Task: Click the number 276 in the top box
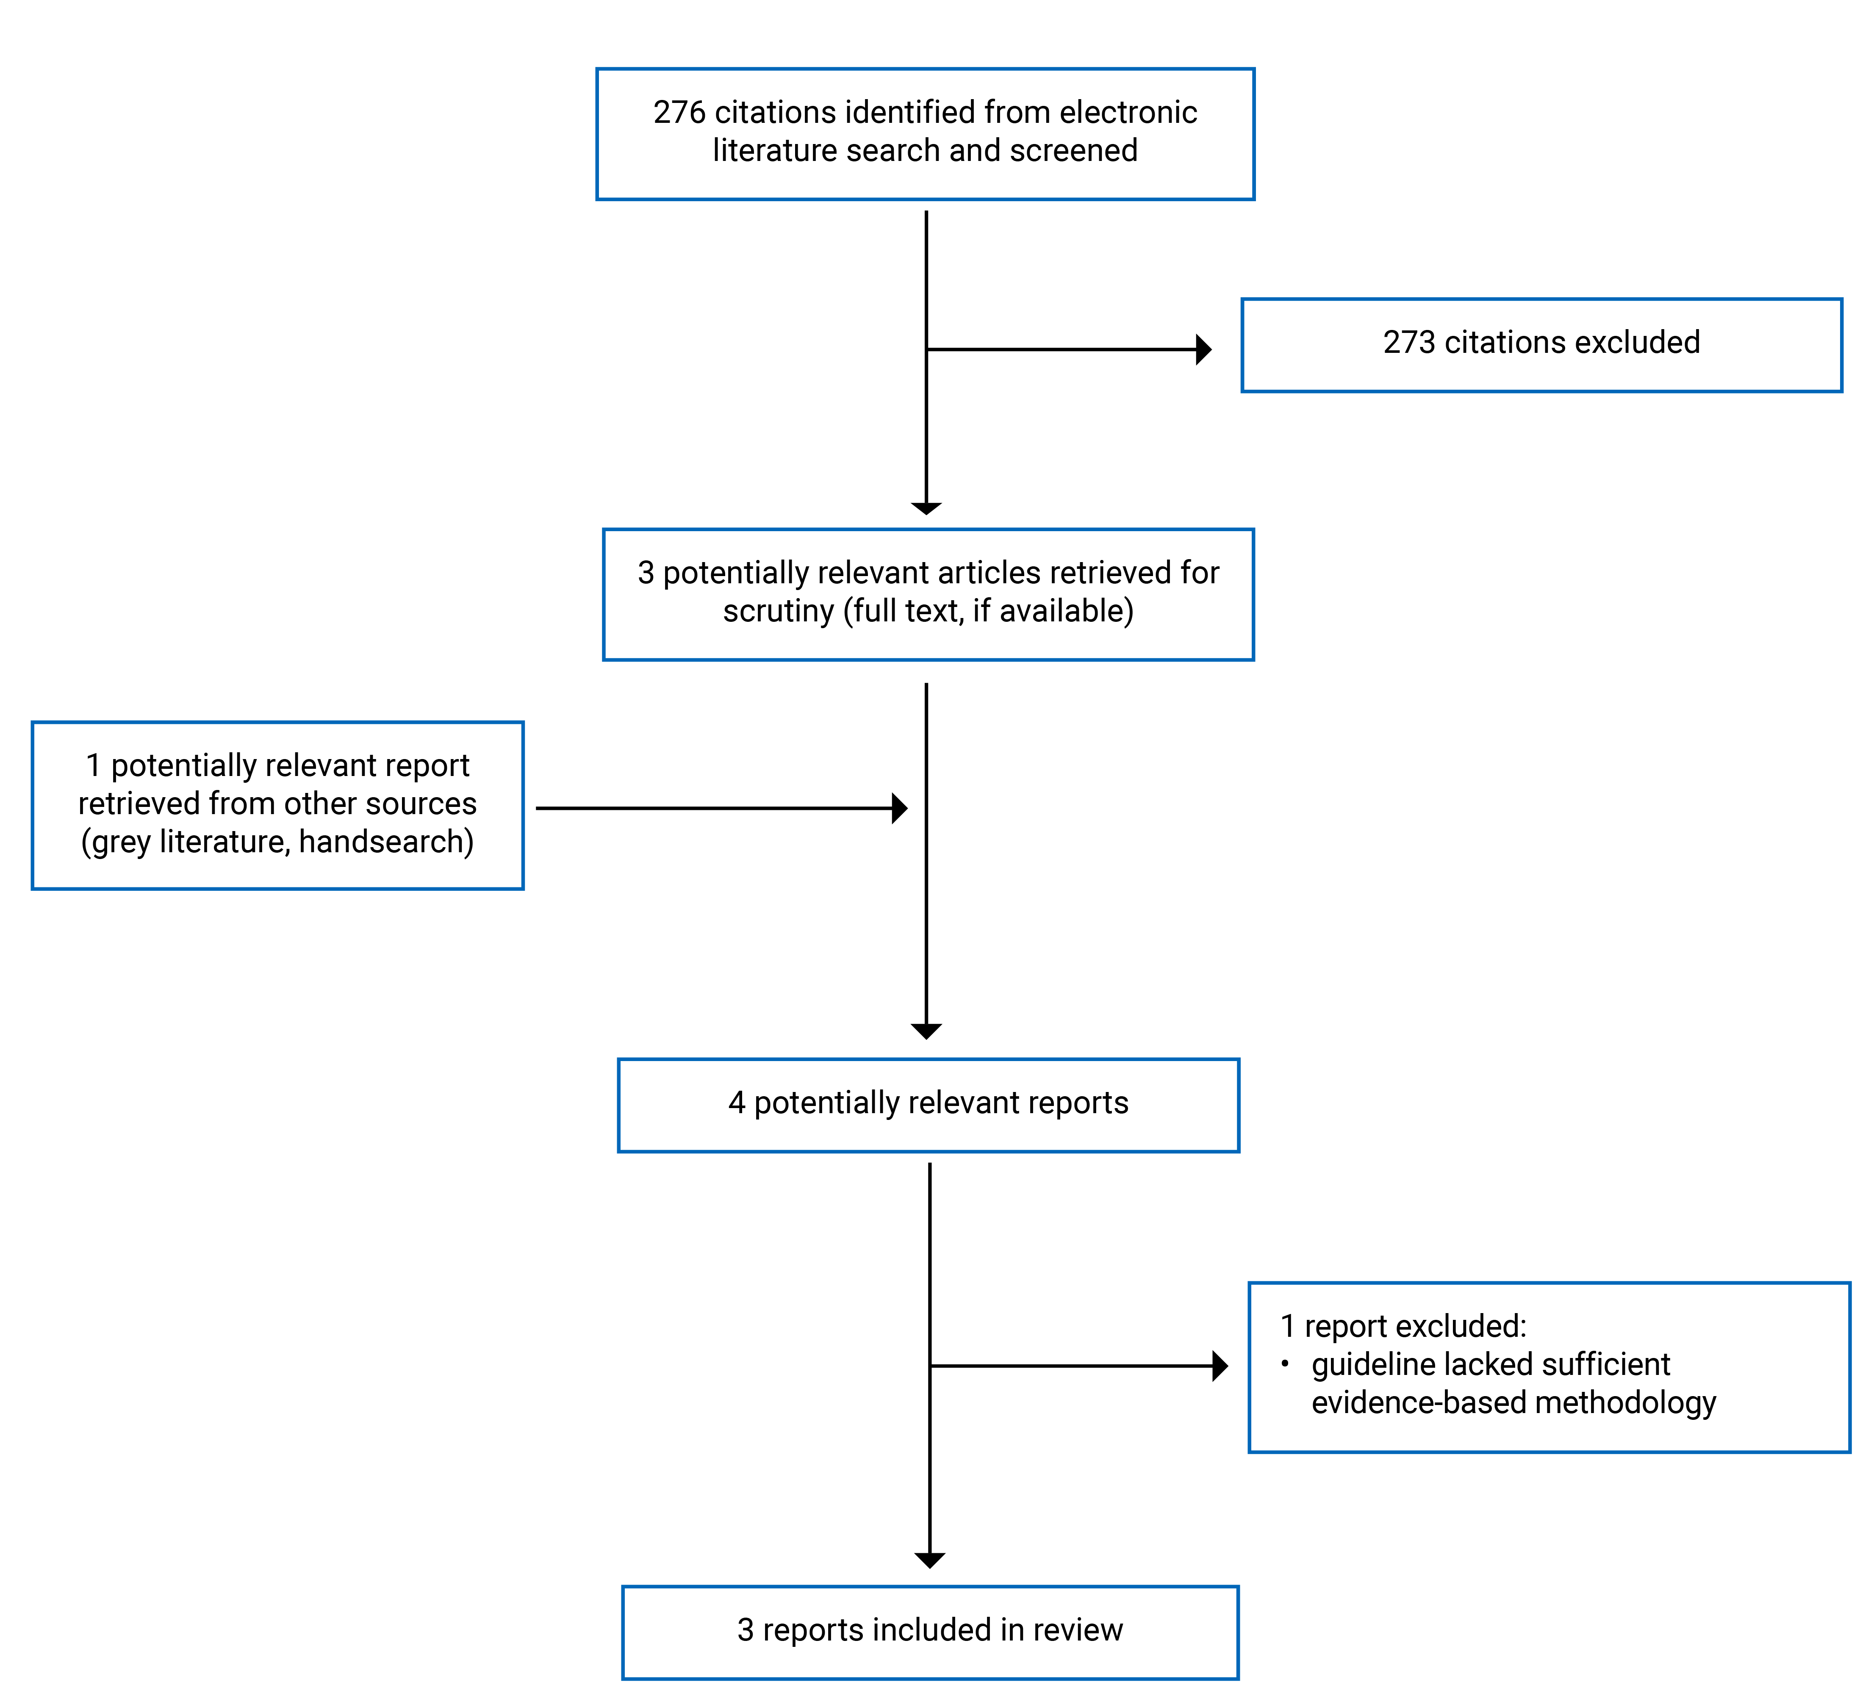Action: pos(679,112)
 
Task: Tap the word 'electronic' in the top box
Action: pos(1128,112)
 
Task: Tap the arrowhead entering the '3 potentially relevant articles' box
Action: pos(926,508)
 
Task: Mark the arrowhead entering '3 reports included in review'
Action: pos(929,1560)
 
